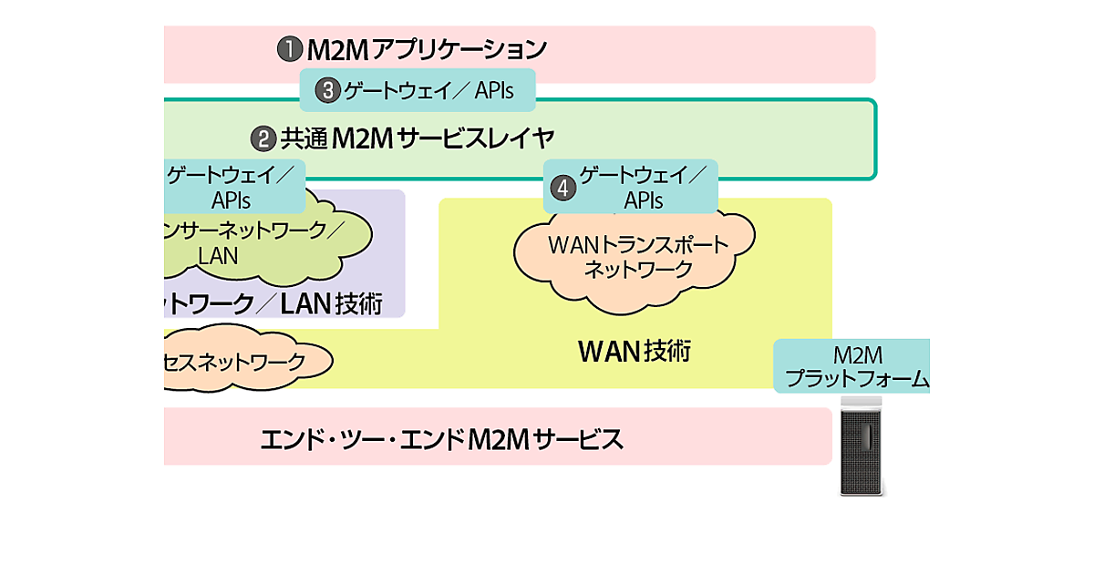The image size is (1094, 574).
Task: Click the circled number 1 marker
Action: pos(289,49)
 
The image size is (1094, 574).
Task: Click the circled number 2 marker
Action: pos(263,139)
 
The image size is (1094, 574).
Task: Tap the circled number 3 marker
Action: pos(327,90)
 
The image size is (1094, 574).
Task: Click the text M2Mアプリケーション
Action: pos(427,49)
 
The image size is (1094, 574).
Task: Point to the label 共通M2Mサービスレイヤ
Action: pos(417,138)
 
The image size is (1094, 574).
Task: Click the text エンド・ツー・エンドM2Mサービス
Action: pos(441,439)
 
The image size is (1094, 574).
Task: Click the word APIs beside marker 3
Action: pos(494,90)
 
